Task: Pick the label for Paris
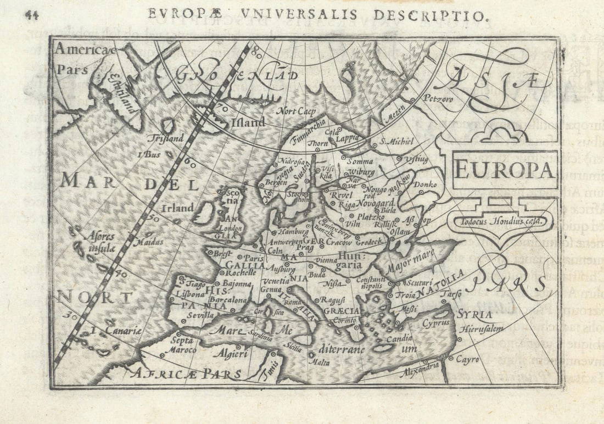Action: click(x=254, y=258)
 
